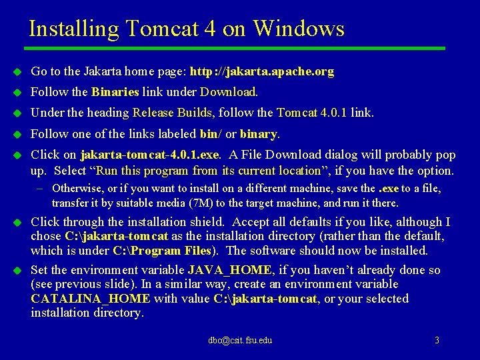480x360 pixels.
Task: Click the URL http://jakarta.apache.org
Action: click(262, 71)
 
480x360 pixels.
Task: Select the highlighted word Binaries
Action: click(115, 92)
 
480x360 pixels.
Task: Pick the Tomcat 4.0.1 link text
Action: click(311, 113)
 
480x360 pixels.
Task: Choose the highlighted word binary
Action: click(258, 134)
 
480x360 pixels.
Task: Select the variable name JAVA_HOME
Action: click(230, 270)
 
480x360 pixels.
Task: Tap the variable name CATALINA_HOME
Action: click(90, 299)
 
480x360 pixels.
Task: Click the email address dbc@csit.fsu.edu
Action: click(240, 341)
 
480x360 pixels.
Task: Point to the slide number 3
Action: click(437, 341)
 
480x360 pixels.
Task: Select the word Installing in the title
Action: click(73, 29)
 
